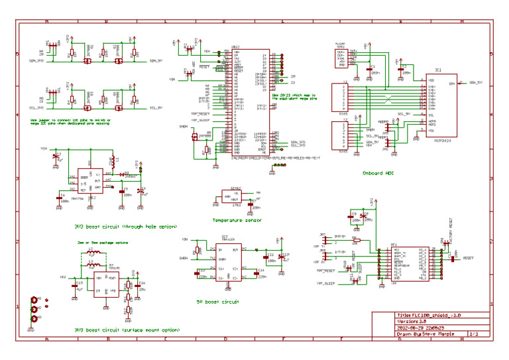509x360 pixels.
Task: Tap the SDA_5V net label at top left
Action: coord(156,62)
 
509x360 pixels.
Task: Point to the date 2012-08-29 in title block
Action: coord(412,328)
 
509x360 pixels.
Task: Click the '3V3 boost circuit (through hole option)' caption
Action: coord(125,226)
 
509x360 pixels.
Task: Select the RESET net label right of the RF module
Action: coord(467,258)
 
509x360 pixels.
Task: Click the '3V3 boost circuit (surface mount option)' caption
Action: coord(126,330)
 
